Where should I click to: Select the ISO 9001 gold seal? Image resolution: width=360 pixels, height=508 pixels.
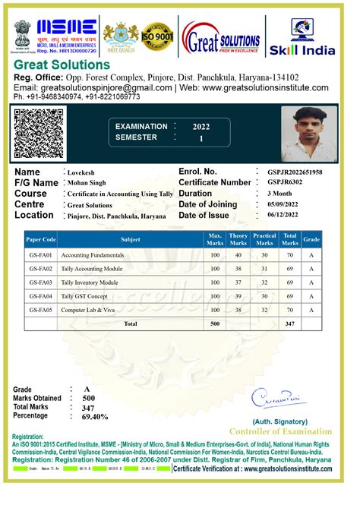click(x=157, y=36)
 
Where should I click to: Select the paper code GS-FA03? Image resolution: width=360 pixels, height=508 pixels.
click(x=40, y=282)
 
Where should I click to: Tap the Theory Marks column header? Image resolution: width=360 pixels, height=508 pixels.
click(x=238, y=239)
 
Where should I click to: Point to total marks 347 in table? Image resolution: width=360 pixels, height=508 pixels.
click(x=289, y=323)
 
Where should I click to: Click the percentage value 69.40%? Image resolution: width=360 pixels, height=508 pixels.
click(x=95, y=417)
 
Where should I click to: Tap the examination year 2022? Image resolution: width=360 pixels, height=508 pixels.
click(x=201, y=127)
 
